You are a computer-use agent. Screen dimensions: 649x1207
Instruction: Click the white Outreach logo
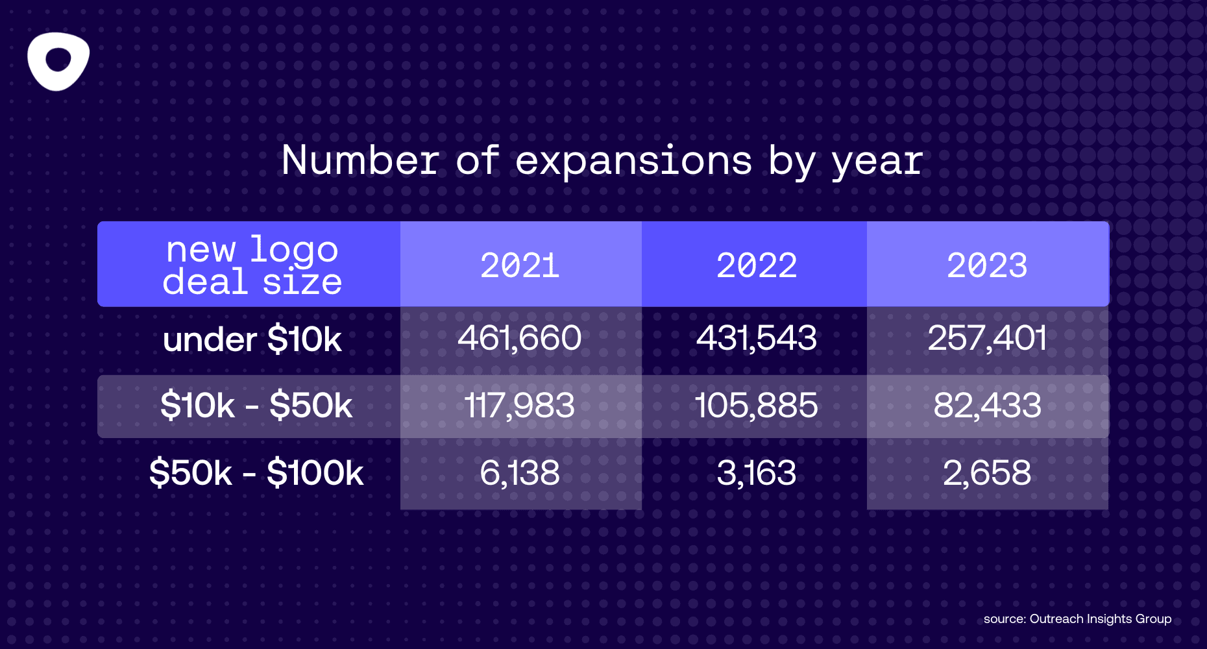58,61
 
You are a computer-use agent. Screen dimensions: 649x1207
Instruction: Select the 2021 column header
520,265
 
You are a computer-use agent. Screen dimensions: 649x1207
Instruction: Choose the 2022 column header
757,265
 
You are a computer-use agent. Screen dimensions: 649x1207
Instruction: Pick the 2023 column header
987,265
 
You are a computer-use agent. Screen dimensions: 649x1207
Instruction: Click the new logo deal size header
252,265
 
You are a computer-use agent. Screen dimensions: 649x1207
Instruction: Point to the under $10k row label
252,339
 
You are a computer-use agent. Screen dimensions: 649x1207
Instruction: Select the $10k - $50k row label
256,406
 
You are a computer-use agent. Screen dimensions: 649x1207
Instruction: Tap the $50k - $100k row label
256,472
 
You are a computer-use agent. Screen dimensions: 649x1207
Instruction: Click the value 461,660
520,338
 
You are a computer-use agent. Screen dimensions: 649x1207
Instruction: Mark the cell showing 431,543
757,338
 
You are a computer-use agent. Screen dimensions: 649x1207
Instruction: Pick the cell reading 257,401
987,338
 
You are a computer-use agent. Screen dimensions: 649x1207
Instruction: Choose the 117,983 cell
520,406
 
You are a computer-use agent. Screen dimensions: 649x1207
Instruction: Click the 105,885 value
757,406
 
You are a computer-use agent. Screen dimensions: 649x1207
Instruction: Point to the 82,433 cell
987,406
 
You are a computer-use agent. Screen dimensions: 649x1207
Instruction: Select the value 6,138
520,473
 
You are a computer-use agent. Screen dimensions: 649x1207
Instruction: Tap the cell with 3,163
757,473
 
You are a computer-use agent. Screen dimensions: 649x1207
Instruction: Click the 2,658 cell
987,473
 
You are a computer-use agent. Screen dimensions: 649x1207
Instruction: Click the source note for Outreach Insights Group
1077,618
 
